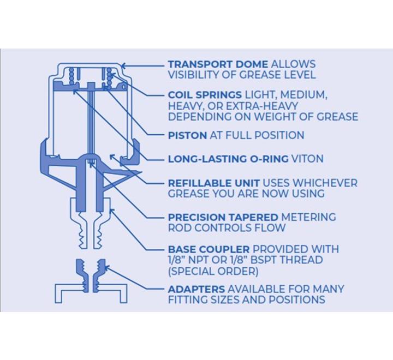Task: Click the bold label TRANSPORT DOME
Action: pyautogui.click(x=218, y=64)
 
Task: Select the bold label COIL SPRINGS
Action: pyautogui.click(x=205, y=95)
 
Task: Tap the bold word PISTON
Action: pyautogui.click(x=187, y=135)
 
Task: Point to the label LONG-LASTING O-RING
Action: pyautogui.click(x=228, y=159)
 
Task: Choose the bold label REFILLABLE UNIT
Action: pyautogui.click(x=214, y=183)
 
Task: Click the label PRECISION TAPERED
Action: pyautogui.click(x=223, y=217)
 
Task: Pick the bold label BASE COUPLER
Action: pyautogui.click(x=209, y=249)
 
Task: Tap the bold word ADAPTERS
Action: pyautogui.click(x=196, y=289)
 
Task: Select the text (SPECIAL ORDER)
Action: pyautogui.click(x=213, y=271)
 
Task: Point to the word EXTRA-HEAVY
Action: pyautogui.click(x=262, y=106)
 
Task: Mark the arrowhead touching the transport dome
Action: pyautogui.click(x=123, y=66)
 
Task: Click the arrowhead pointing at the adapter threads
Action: pyautogui.click(x=106, y=268)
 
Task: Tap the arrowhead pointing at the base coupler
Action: pyautogui.click(x=112, y=211)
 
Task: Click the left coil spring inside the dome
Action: pyautogui.click(x=72, y=76)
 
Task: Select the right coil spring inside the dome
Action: pyautogui.click(x=110, y=77)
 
